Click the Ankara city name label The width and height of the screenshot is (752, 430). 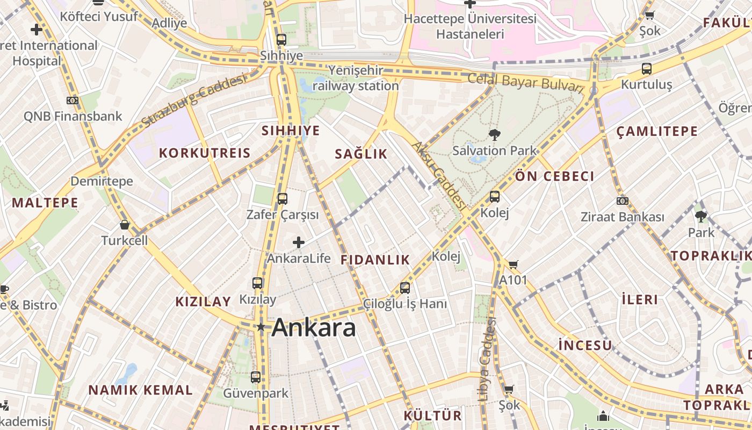314,328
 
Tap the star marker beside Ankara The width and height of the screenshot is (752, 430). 261,327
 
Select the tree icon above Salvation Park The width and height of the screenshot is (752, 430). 494,135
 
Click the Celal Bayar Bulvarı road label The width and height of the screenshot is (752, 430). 525,82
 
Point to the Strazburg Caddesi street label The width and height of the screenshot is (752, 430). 194,101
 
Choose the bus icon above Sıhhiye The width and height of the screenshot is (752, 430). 281,39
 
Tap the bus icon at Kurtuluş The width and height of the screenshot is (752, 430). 647,69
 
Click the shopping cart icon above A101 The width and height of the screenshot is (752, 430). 513,264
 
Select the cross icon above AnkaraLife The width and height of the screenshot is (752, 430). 299,242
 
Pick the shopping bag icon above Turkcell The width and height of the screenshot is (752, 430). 125,225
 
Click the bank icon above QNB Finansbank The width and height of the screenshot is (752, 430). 73,100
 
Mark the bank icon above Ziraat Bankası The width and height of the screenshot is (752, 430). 622,201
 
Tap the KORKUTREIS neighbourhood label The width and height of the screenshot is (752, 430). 205,153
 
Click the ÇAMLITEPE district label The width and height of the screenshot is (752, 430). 657,131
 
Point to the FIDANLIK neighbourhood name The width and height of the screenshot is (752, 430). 375,260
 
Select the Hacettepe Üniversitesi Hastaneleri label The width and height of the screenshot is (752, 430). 470,26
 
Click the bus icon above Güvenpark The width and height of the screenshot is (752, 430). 256,377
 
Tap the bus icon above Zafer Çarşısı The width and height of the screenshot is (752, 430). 283,199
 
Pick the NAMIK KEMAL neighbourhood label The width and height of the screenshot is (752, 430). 140,390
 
